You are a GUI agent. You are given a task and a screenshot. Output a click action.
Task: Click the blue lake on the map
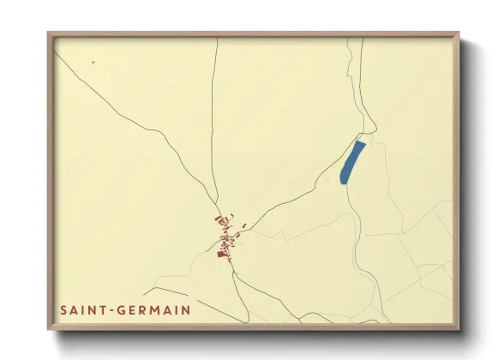(x=351, y=162)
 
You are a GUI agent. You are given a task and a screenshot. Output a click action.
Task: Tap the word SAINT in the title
(x=80, y=309)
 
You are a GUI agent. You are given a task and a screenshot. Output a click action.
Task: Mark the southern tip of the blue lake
(x=343, y=183)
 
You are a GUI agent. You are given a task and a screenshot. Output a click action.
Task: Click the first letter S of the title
(x=64, y=309)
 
